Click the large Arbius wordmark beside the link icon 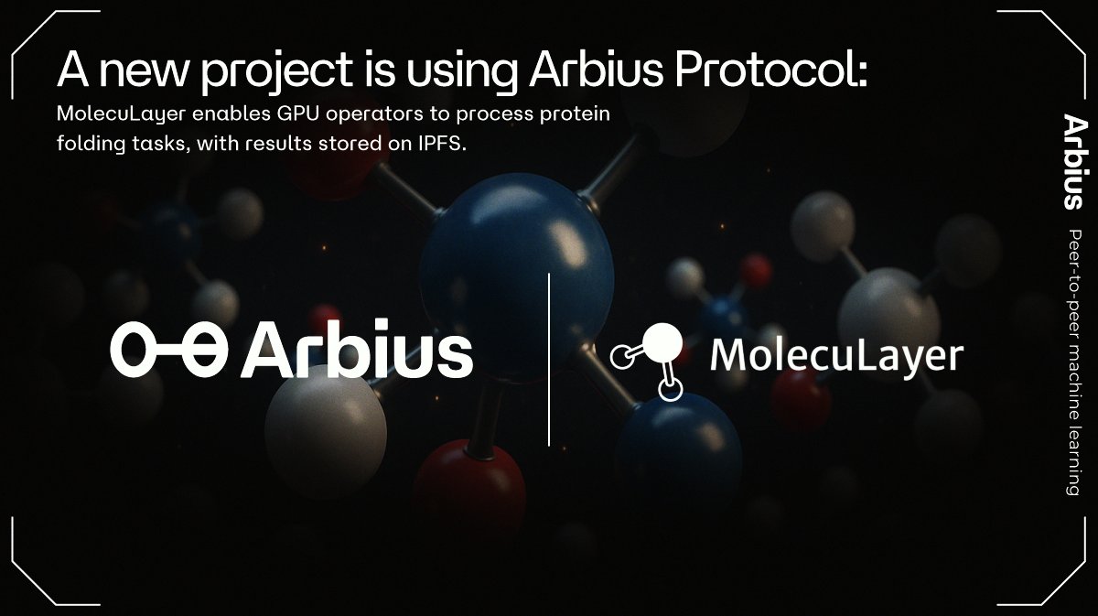pos(358,349)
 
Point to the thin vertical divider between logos pos(549,359)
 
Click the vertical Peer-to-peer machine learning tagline pos(1073,362)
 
